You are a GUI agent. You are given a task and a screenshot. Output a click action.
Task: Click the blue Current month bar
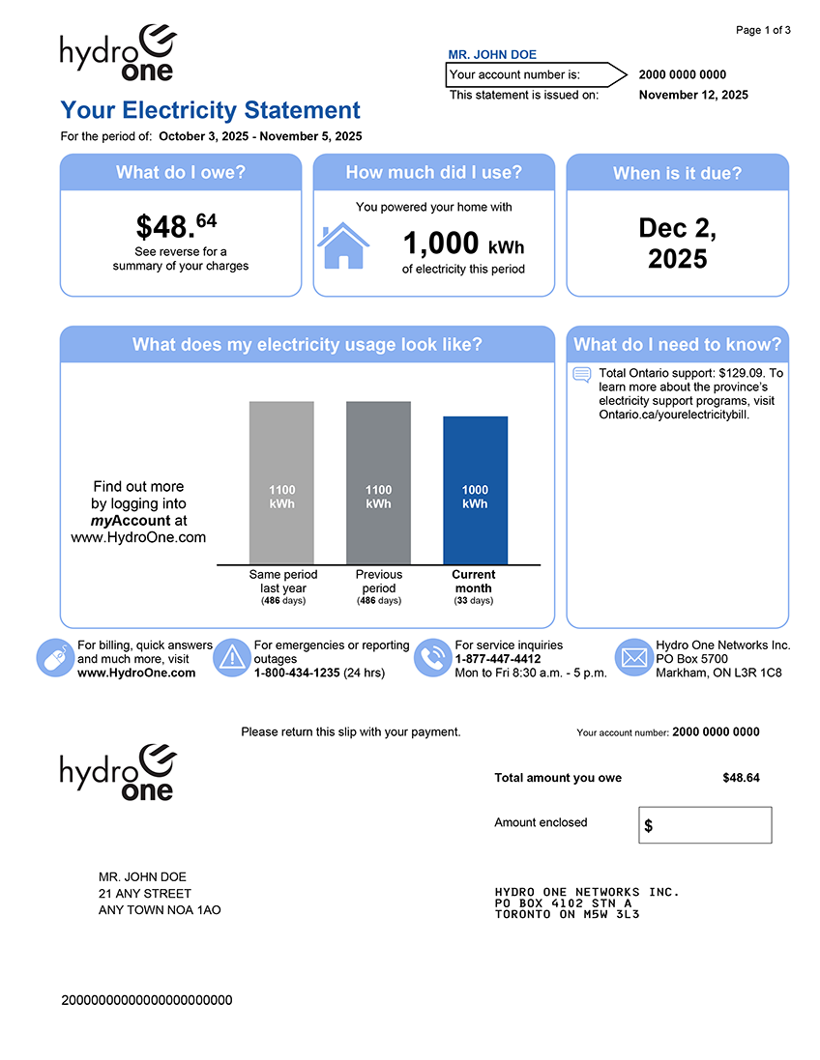pos(475,490)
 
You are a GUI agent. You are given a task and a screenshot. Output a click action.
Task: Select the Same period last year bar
pos(281,482)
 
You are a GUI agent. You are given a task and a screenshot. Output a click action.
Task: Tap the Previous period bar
pos(378,482)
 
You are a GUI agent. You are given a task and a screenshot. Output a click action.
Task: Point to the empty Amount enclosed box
pos(705,825)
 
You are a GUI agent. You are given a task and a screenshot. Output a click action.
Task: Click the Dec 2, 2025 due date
pos(677,244)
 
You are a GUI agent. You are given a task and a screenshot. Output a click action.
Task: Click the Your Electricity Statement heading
pos(210,110)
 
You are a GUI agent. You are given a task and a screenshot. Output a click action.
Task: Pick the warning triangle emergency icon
pos(232,657)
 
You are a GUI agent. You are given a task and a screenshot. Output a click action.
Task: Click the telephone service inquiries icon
pos(432,657)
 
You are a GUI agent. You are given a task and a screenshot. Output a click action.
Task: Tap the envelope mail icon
pos(633,657)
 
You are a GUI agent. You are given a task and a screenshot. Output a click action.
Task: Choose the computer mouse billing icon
pos(54,657)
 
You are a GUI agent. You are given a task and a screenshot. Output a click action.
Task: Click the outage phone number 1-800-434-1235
pos(297,673)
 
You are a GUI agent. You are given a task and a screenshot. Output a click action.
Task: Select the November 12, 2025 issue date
pos(693,95)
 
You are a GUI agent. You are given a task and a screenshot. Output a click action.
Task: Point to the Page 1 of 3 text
pos(763,30)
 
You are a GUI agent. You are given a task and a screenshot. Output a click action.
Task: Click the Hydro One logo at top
pos(118,54)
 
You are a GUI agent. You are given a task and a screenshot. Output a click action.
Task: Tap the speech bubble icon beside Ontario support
pos(582,375)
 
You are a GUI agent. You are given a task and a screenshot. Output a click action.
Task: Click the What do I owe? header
pos(181,173)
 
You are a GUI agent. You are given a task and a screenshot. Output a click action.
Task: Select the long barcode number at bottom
pos(147,1000)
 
